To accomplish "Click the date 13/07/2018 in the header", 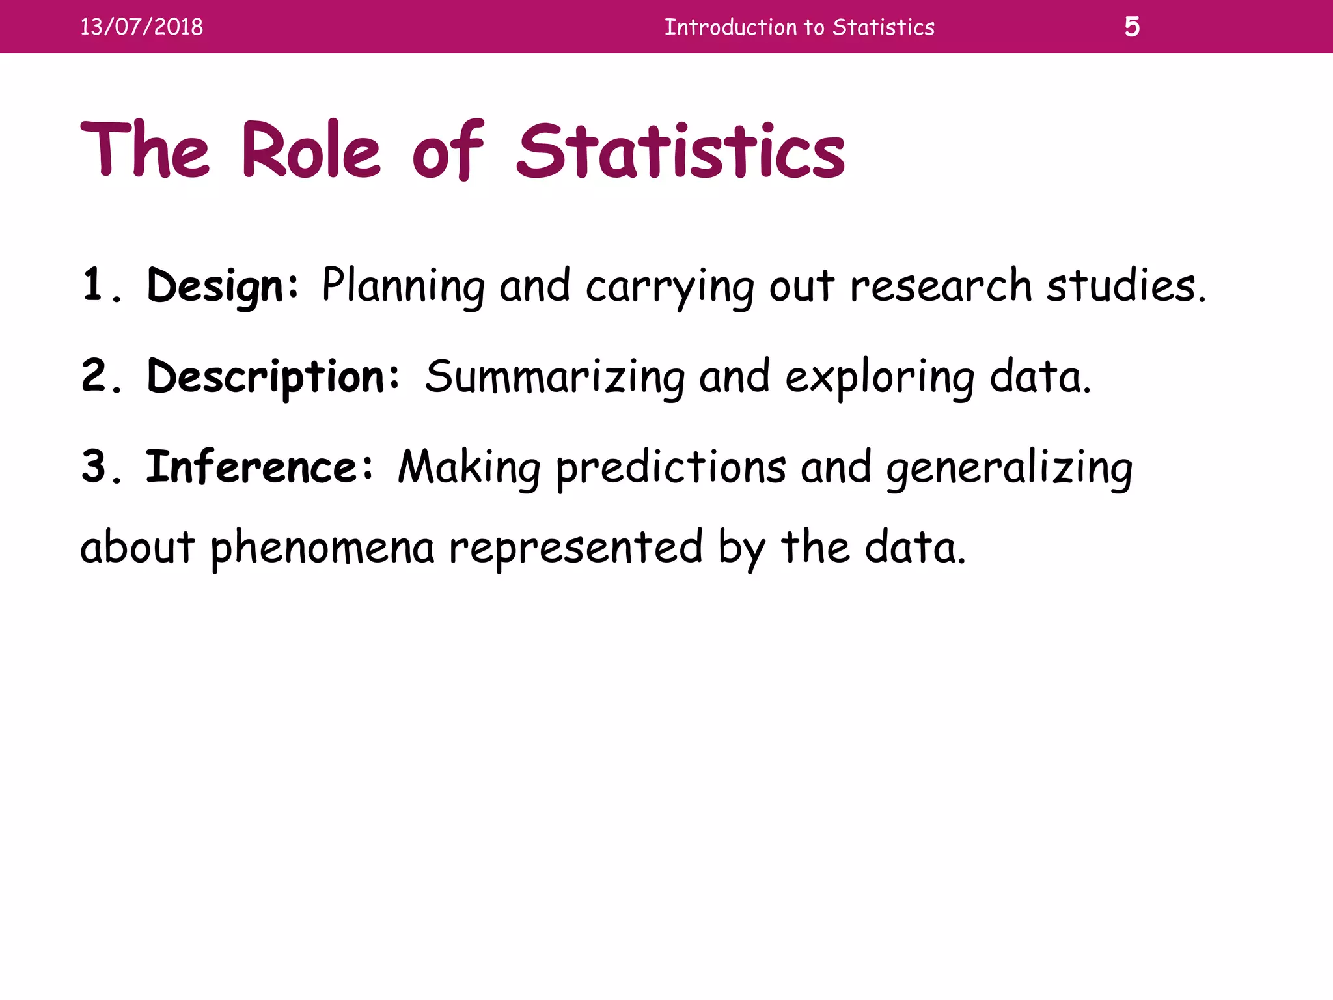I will (141, 27).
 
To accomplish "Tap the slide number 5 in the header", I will (1132, 27).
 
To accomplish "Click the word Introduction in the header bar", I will (730, 27).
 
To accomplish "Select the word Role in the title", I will (310, 150).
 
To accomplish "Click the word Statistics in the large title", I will (681, 150).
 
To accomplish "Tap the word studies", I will (1125, 285).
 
